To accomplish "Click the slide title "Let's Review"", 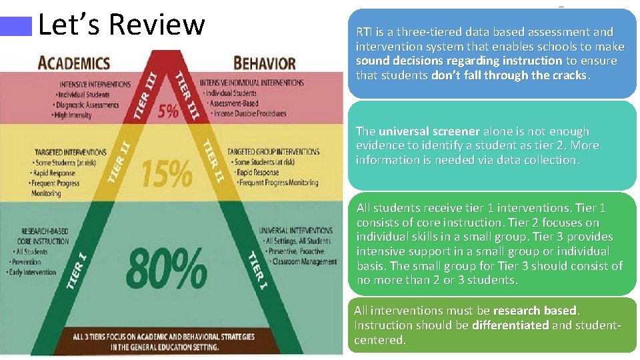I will (x=121, y=25).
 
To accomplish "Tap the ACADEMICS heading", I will (x=75, y=63).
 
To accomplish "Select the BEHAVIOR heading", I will (x=264, y=63).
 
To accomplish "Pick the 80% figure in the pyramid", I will (x=165, y=267).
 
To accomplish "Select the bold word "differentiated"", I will (x=510, y=325).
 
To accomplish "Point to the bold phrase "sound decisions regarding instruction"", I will (x=459, y=61).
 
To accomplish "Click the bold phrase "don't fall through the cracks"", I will (x=509, y=75).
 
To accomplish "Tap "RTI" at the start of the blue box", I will (x=364, y=32).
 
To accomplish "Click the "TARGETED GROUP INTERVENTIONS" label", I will (x=273, y=152).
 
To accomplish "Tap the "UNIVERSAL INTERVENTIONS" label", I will (x=294, y=230).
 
